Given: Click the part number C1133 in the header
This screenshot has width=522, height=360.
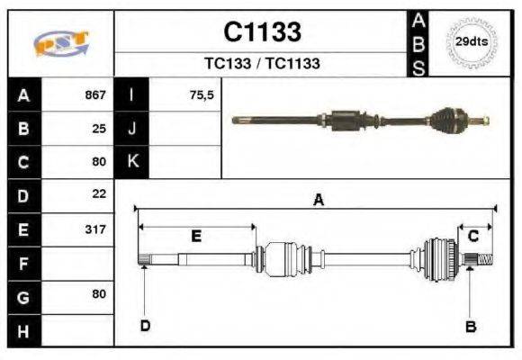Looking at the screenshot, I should point(261,32).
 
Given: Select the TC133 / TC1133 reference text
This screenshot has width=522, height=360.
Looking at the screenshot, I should point(261,64).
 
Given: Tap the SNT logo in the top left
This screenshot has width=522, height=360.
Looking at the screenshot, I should point(61,43).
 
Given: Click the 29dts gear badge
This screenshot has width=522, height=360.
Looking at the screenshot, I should point(472,42).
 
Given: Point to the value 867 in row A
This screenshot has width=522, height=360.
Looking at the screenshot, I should point(95,94).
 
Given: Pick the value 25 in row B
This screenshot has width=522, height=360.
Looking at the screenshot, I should point(99,128).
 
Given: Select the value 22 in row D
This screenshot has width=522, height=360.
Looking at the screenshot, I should point(99,193).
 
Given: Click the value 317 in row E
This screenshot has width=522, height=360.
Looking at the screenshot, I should point(95,229).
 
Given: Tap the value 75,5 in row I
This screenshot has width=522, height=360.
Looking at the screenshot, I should point(202,94).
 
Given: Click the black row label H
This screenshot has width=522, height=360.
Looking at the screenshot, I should point(23,331).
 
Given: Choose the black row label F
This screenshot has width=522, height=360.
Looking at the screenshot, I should point(23,264).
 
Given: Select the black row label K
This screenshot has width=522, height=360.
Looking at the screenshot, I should point(132,161).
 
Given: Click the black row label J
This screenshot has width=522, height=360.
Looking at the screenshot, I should point(132,128).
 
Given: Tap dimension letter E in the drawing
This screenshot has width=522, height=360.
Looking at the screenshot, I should point(195,236).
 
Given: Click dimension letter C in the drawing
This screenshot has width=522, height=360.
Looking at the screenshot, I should point(472,236).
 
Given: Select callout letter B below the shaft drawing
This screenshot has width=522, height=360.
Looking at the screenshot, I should point(470,327).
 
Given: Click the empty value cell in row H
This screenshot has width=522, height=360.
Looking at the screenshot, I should point(79,331).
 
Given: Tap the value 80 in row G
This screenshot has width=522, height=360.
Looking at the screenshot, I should point(99,294).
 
